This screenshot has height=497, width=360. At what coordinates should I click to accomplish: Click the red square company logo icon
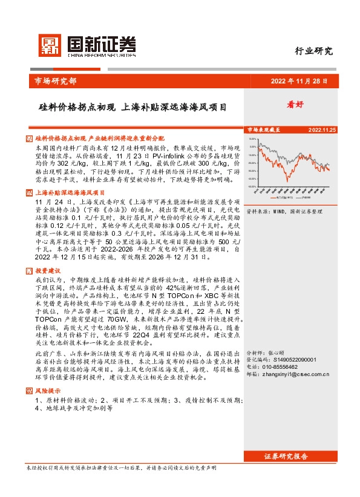50,45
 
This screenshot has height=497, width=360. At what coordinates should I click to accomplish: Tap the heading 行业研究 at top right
313,51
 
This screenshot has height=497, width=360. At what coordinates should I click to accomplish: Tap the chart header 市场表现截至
263,129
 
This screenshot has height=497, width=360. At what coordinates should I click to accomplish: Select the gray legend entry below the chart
304,197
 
